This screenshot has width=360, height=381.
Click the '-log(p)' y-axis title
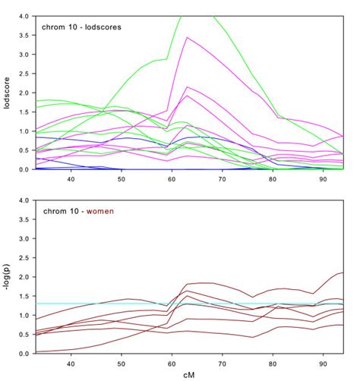(8, 276)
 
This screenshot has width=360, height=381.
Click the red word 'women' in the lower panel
(99, 211)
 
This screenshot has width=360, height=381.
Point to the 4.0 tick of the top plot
(24, 16)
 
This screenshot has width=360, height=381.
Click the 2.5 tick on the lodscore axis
(24, 74)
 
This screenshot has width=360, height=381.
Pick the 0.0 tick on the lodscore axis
(24, 169)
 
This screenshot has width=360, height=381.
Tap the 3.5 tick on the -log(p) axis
(24, 219)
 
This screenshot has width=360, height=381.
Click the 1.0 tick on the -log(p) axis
(24, 315)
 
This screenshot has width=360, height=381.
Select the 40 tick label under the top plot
(71, 179)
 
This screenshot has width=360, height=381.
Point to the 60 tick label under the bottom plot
(172, 363)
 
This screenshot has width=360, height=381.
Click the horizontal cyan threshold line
(114, 304)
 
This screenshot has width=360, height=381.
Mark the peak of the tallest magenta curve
(187, 37)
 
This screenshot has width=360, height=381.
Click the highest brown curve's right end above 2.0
(342, 273)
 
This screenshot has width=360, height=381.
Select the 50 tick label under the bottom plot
(122, 363)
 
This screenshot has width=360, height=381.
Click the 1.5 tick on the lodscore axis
(24, 112)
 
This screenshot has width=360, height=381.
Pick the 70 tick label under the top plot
(223, 179)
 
